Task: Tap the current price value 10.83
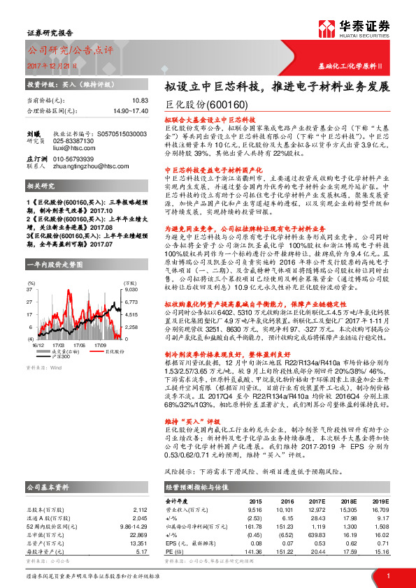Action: click(x=140, y=101)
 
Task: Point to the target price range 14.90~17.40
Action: click(x=129, y=110)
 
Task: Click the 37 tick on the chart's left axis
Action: click(x=31, y=269)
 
